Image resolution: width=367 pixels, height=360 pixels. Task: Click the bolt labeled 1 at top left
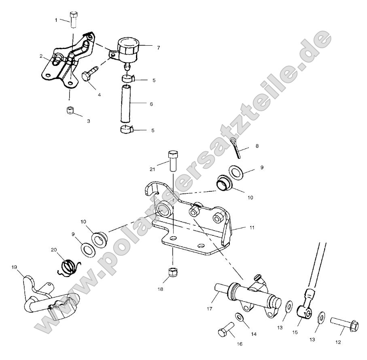click(x=73, y=20)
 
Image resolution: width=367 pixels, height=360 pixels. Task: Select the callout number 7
click(x=158, y=48)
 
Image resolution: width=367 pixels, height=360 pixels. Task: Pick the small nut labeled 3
click(x=70, y=110)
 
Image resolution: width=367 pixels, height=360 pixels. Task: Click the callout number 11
click(x=252, y=228)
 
